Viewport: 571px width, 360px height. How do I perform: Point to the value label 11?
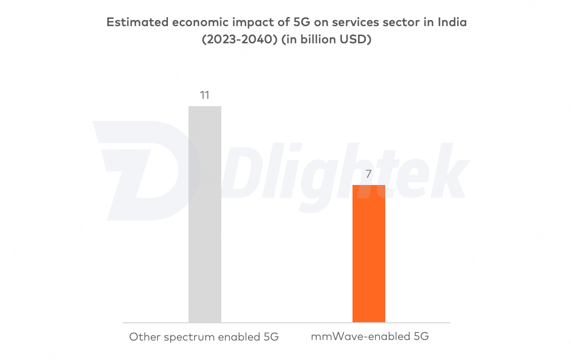click(x=205, y=96)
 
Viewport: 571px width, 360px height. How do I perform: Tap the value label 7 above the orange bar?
click(x=369, y=174)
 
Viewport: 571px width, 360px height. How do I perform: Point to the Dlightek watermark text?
click(x=345, y=167)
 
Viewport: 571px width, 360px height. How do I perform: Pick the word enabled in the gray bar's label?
click(x=241, y=337)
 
